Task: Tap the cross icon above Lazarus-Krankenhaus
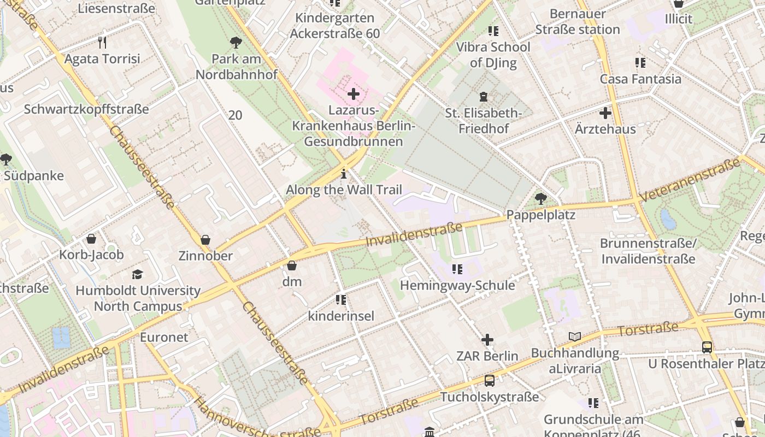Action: (x=354, y=94)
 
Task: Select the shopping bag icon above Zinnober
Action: (x=205, y=239)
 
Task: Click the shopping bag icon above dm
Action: (x=292, y=265)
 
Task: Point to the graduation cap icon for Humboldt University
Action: (x=137, y=274)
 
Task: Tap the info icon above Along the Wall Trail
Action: (x=344, y=174)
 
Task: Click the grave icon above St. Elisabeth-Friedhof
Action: (x=483, y=97)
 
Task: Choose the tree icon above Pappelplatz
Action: (x=540, y=198)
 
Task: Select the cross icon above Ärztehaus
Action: (x=605, y=113)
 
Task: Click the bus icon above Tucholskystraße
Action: (x=489, y=381)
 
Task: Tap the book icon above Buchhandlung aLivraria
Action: (x=574, y=336)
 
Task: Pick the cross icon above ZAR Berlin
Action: (x=487, y=340)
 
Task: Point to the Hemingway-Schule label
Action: (x=457, y=285)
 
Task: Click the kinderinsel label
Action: (x=341, y=316)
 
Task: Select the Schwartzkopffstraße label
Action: (x=86, y=109)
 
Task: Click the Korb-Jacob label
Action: (x=91, y=255)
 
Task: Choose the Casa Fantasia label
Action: (x=640, y=79)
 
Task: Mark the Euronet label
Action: (x=164, y=336)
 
